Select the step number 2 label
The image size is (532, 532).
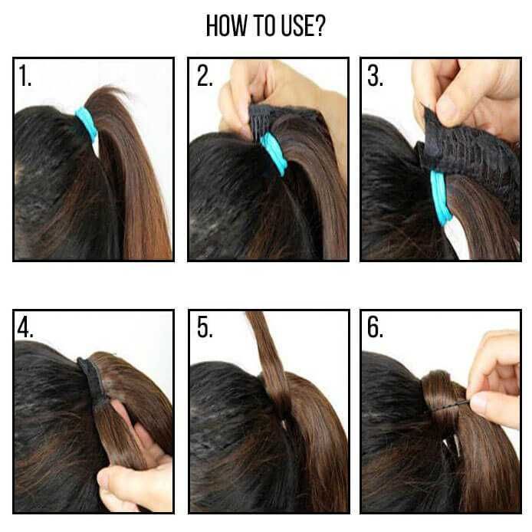[204, 77]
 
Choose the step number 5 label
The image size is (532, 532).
[204, 327]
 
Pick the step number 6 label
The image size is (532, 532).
[375, 327]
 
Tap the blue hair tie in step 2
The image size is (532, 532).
[273, 153]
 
